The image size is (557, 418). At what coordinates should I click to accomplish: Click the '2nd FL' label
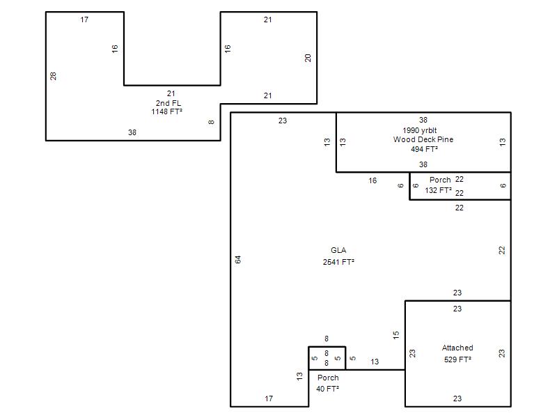click(x=168, y=103)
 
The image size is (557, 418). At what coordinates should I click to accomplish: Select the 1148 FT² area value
click(x=166, y=111)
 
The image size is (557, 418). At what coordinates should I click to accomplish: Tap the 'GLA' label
click(x=338, y=250)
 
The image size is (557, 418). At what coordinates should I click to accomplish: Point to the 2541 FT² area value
click(x=338, y=262)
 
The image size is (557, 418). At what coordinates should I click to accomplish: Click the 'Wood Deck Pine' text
click(x=423, y=139)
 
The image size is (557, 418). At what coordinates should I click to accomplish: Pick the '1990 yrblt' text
click(x=420, y=130)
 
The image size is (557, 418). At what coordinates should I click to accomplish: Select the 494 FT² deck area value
click(x=424, y=149)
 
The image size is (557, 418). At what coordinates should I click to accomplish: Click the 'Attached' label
click(x=457, y=348)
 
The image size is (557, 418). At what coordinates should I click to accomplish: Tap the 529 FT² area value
click(x=457, y=359)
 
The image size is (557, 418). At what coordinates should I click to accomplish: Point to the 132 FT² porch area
click(x=439, y=190)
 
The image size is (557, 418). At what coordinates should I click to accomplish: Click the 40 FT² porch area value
click(x=327, y=389)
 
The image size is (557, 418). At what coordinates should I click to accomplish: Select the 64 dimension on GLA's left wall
click(x=238, y=260)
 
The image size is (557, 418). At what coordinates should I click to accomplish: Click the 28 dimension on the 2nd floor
click(x=53, y=76)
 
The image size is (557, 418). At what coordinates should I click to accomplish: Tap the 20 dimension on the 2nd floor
click(x=308, y=58)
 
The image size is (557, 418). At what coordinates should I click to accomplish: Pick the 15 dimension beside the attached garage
click(x=396, y=335)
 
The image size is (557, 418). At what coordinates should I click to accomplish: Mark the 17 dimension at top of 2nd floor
click(x=84, y=20)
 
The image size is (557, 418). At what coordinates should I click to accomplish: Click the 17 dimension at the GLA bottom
click(x=269, y=398)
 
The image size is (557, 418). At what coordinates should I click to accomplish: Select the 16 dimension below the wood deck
click(x=372, y=180)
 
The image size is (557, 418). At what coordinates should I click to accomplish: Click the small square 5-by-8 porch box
click(x=327, y=346)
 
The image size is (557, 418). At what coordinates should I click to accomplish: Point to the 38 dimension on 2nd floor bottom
click(x=132, y=132)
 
